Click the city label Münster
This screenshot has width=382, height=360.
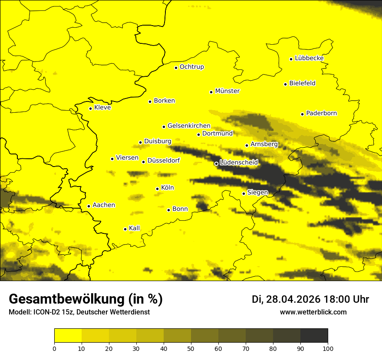point(227,91)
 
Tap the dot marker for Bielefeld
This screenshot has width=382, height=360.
point(286,84)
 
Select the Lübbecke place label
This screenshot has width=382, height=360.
point(309,58)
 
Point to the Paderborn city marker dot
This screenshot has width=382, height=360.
point(303,114)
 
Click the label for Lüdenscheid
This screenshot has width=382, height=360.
point(239,163)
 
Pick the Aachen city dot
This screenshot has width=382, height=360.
point(89,206)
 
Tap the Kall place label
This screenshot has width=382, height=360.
point(135,228)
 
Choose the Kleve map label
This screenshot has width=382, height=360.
point(102,108)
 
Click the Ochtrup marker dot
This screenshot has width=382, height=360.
point(176,68)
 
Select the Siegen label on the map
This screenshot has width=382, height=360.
point(257,193)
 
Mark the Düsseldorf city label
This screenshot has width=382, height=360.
point(164,161)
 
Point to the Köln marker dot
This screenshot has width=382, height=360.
point(158,189)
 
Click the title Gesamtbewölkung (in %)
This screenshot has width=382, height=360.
point(86,299)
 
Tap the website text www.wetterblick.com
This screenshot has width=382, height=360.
point(313,312)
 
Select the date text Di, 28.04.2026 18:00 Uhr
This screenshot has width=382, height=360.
point(310,299)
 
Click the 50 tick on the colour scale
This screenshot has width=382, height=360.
point(191,348)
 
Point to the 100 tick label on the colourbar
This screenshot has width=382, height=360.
point(328,348)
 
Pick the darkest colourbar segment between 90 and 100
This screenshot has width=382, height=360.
point(314,336)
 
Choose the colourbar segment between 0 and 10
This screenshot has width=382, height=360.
point(68,336)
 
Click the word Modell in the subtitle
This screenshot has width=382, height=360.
point(19,312)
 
